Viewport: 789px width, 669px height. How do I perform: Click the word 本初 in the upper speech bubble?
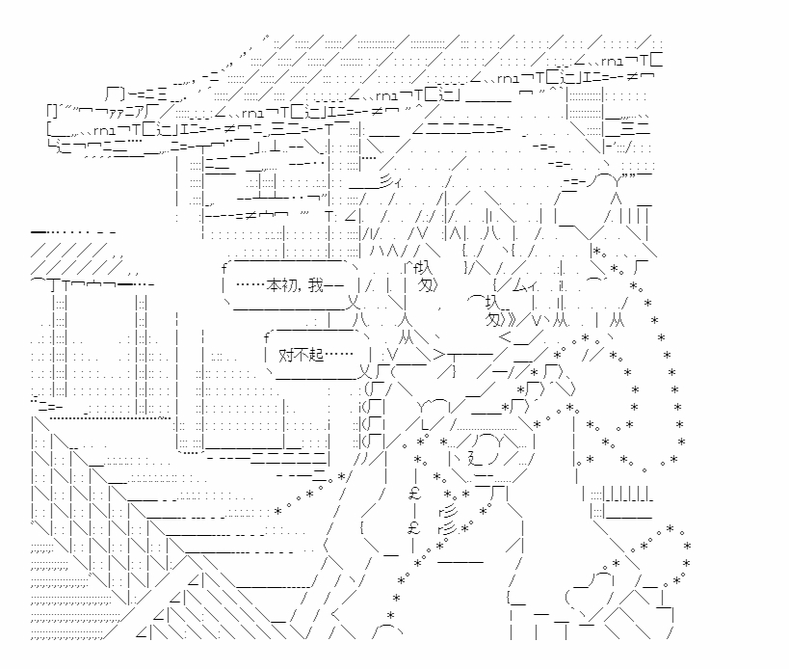point(280,285)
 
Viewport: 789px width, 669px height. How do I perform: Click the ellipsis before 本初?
point(248,285)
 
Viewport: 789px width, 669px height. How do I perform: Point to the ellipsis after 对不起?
point(338,356)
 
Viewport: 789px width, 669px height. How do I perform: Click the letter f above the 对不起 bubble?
point(265,336)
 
